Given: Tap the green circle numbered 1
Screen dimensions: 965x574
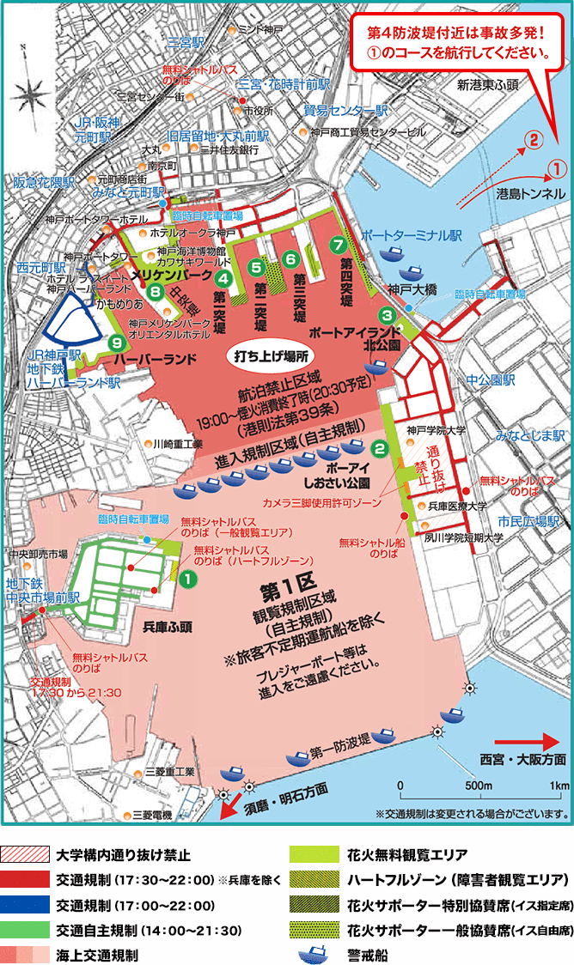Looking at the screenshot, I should tap(186, 580).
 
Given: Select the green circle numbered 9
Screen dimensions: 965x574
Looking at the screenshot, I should tap(117, 343).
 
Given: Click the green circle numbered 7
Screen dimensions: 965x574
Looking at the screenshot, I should tap(337, 244).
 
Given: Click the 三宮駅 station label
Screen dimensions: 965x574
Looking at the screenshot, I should tap(186, 40).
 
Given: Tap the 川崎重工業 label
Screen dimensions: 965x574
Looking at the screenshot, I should tap(176, 444).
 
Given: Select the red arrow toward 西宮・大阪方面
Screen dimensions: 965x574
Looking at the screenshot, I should tap(522, 738).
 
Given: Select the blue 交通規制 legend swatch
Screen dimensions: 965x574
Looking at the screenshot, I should tap(24, 904).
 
